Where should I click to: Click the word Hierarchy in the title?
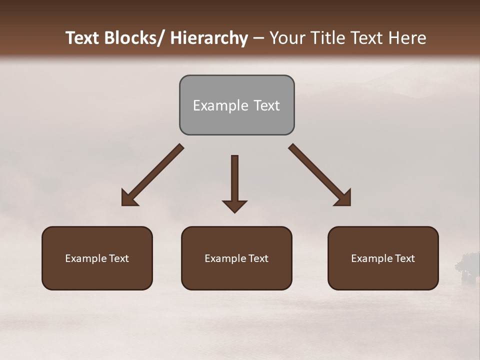(209, 38)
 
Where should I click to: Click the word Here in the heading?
(407, 38)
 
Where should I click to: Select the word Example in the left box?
(85, 258)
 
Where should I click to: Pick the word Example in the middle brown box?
(225, 258)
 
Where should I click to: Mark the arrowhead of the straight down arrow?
(234, 206)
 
